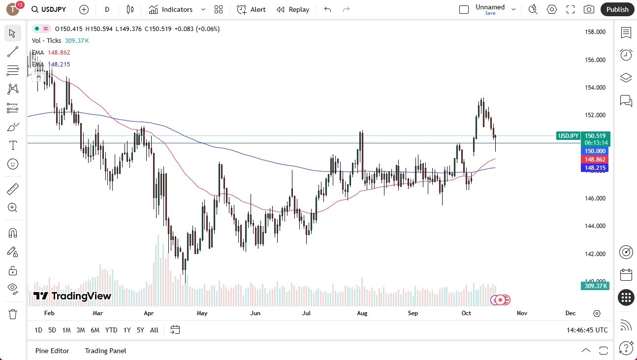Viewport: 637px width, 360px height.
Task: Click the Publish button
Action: pos(617,9)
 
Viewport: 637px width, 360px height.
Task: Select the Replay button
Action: pos(293,9)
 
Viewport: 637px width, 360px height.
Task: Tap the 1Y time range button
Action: pos(127,330)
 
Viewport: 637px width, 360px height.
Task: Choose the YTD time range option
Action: pos(111,330)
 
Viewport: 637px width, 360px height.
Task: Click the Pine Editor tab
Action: pos(52,351)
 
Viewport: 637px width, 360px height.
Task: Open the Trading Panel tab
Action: pos(105,351)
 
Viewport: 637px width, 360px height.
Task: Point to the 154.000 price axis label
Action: pos(595,88)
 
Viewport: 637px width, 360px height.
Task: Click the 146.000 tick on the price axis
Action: pos(595,198)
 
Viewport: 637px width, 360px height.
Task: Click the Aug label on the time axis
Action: pos(362,313)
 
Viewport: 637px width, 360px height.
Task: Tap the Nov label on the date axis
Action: pos(522,313)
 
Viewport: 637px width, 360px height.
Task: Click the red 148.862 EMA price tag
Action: pos(595,160)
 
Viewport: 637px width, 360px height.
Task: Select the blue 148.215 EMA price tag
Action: pos(595,168)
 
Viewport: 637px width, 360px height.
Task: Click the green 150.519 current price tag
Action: pos(595,135)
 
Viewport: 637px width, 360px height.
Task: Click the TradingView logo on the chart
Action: pos(72,296)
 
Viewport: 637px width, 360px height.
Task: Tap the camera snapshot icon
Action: pos(588,9)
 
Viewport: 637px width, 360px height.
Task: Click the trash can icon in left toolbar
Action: pos(13,314)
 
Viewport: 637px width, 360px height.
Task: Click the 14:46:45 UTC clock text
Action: pos(587,330)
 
